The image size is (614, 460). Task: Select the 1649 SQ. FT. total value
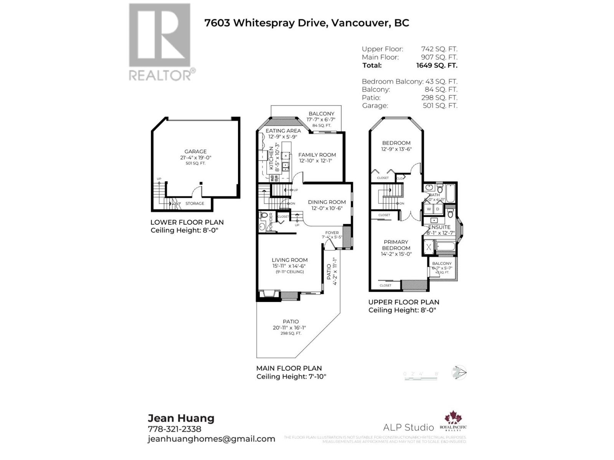[x=436, y=66]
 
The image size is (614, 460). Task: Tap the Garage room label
[x=195, y=151]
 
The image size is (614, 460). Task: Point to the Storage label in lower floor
[x=195, y=204]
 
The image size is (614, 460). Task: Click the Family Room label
[x=317, y=155]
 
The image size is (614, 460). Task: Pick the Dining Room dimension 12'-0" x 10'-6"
[x=327, y=209]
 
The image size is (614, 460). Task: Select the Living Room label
[x=290, y=260]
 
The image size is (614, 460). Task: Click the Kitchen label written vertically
[x=271, y=158]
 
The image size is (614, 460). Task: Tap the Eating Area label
[x=283, y=131]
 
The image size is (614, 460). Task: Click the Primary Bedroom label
[x=396, y=245]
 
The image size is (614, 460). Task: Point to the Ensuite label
[x=439, y=227]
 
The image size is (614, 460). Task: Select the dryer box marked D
[x=437, y=209]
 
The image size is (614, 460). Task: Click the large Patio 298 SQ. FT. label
[x=291, y=327]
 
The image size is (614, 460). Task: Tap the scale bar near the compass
[x=421, y=378]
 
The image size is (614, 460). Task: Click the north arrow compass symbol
[x=459, y=373]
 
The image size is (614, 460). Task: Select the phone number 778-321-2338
[x=174, y=429]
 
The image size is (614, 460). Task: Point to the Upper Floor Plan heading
[x=404, y=302]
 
